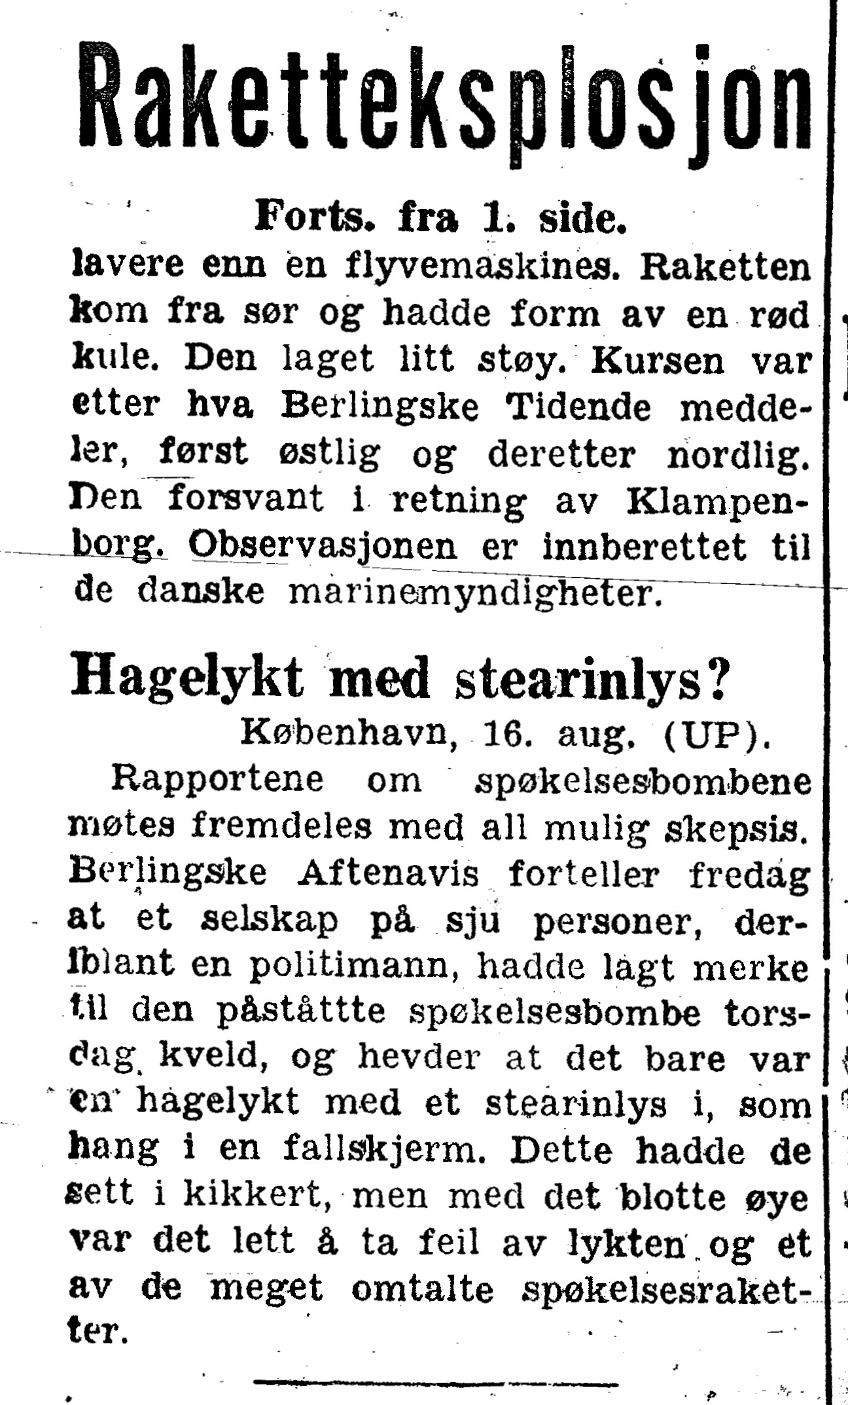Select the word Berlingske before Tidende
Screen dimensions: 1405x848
pos(380,407)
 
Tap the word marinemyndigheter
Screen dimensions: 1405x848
pos(471,593)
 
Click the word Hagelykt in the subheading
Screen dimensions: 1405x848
pos(187,678)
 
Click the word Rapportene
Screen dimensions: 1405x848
pos(218,780)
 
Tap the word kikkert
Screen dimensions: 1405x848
pos(255,1195)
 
